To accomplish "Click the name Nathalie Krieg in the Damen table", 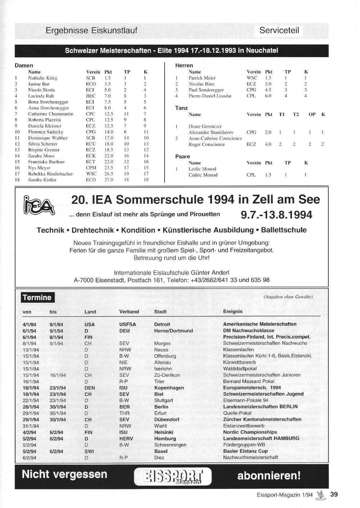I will click(42, 78).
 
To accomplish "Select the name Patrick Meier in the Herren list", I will click(202, 78).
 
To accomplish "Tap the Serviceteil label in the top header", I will click(279, 31).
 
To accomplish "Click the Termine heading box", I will click(37, 298).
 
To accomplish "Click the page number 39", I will click(334, 494).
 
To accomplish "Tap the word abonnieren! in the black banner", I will click(269, 476).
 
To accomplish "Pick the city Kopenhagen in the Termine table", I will click(169, 388).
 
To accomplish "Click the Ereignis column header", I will click(233, 312).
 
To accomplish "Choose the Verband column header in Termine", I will click(129, 312).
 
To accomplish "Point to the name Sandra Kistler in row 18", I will click(42, 180).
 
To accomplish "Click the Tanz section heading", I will click(181, 108).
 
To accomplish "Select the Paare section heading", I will click(183, 157).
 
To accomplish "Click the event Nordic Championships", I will click(250, 432).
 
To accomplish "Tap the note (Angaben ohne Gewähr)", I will click(288, 297).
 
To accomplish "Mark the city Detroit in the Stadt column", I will click(162, 325).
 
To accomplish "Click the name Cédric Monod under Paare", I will click(203, 175).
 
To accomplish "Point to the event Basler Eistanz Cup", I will click(245, 451).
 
